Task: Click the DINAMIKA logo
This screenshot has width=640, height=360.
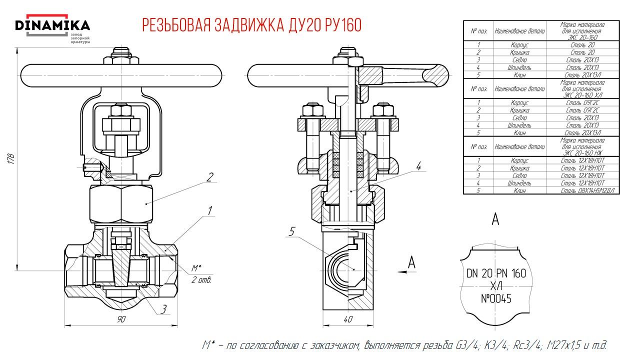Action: tap(52, 26)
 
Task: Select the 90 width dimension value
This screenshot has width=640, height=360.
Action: tap(121, 319)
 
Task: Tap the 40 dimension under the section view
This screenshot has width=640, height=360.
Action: tap(348, 319)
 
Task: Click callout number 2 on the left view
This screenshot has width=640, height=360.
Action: tap(210, 176)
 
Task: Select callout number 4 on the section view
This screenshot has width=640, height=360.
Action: tap(418, 165)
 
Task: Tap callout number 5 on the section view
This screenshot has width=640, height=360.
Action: tap(293, 230)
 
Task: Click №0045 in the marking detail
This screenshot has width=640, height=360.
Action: tap(495, 299)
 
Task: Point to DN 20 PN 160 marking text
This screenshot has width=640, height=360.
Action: tap(496, 273)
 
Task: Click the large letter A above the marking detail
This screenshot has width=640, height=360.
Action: tap(495, 219)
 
